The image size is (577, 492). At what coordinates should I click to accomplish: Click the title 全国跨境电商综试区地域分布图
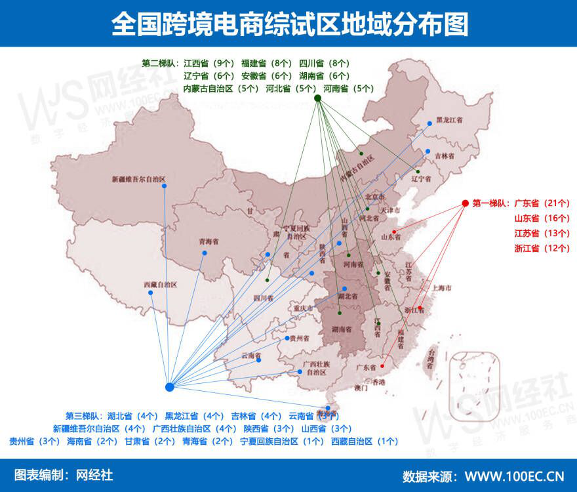[289, 24]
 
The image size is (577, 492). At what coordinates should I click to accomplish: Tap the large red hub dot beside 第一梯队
[465, 203]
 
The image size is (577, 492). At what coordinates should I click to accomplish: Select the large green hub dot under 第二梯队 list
[317, 98]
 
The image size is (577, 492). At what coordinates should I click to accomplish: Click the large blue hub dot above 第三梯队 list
[169, 387]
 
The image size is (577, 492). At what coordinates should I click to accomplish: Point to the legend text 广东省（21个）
[542, 203]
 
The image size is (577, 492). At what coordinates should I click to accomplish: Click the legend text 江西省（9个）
[209, 64]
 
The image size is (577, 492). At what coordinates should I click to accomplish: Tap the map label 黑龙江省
[450, 121]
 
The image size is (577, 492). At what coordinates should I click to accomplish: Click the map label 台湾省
[431, 358]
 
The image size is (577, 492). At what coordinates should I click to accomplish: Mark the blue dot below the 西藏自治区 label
[151, 293]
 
